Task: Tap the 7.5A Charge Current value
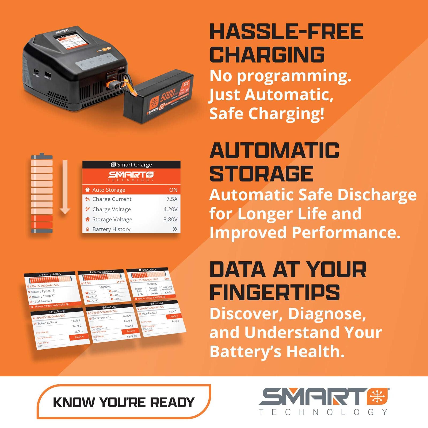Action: [172, 199]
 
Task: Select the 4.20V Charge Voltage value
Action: [170, 209]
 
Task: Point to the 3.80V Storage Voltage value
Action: [170, 219]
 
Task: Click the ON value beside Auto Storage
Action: [173, 190]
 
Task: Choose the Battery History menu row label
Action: [111, 229]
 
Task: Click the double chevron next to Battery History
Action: [175, 229]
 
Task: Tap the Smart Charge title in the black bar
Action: [134, 165]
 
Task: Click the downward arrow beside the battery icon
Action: [65, 187]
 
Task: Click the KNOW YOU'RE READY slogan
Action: [124, 402]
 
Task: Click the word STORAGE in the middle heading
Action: [261, 174]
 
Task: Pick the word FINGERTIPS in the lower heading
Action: [275, 292]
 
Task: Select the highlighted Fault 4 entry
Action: [79, 337]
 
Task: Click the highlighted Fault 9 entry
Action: [131, 331]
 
